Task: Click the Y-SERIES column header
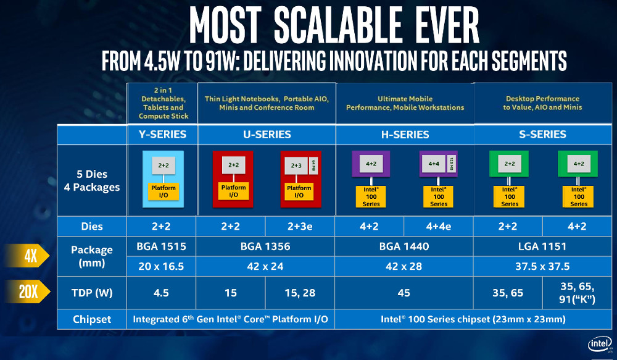(x=161, y=134)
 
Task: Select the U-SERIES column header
(x=266, y=134)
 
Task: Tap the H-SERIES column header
(x=404, y=134)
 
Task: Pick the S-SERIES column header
(x=542, y=134)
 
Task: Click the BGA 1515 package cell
(x=161, y=246)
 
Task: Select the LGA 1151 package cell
(x=542, y=246)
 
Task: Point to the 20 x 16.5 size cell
(x=161, y=267)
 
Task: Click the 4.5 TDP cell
(x=161, y=293)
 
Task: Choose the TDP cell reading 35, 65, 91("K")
(x=577, y=293)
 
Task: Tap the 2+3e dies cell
(x=300, y=226)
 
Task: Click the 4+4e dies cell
(x=439, y=226)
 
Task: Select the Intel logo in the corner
(x=596, y=344)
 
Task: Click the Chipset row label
(x=92, y=319)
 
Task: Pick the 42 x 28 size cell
(x=404, y=267)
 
